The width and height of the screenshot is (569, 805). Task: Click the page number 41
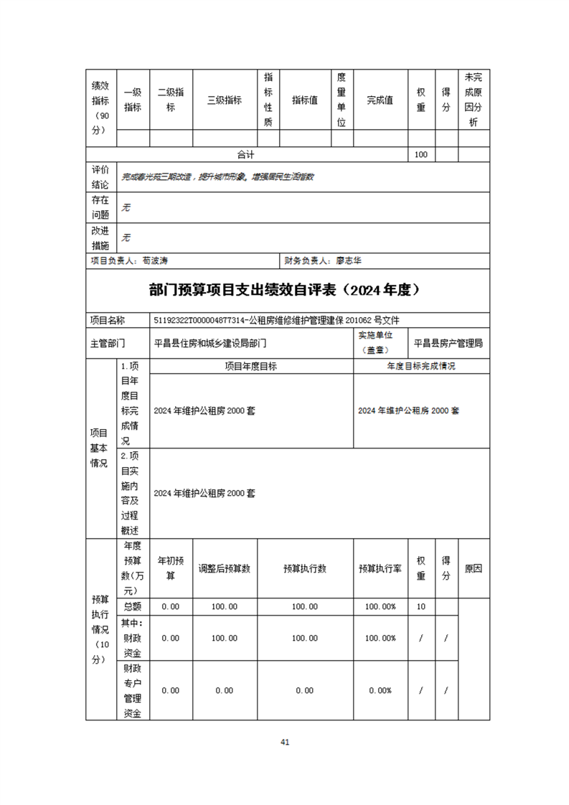click(x=285, y=742)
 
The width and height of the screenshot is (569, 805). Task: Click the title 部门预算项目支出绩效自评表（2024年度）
click(x=284, y=290)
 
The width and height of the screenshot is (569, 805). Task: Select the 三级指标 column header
click(x=225, y=100)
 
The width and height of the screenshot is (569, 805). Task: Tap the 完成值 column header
click(x=380, y=100)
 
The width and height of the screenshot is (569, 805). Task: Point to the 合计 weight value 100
click(x=421, y=154)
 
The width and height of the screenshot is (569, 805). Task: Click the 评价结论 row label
click(x=100, y=176)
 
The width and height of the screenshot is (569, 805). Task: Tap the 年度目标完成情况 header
click(x=421, y=366)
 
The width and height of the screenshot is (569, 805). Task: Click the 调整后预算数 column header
click(x=225, y=568)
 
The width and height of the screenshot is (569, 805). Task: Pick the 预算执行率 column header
click(x=380, y=568)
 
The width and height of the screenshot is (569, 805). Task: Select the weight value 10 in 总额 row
click(x=421, y=606)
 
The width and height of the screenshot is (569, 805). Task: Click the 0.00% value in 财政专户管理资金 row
click(x=380, y=690)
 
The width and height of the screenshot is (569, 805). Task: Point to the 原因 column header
click(x=474, y=568)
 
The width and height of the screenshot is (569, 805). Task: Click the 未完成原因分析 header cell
click(x=474, y=100)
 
